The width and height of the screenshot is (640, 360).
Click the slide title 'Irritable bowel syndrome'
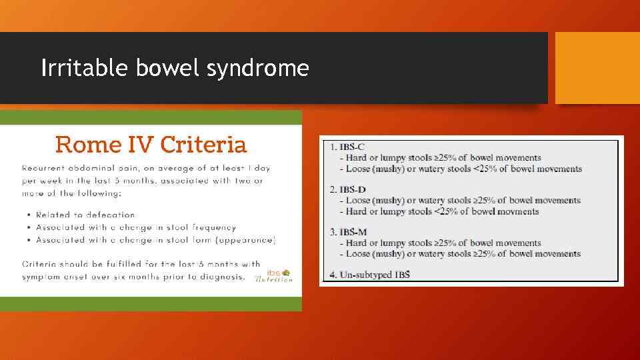click(x=175, y=68)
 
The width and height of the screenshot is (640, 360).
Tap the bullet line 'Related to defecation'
click(x=85, y=215)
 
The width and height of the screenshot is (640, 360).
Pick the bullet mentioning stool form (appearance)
click(x=155, y=239)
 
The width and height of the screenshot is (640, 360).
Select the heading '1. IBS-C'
click(x=347, y=147)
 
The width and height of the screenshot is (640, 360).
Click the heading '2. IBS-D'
click(x=347, y=189)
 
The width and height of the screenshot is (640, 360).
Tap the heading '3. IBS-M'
click(x=347, y=232)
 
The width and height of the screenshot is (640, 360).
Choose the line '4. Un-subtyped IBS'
click(x=369, y=275)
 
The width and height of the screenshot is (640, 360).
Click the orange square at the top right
click(x=597, y=68)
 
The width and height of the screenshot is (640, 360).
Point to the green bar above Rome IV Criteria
click(x=151, y=117)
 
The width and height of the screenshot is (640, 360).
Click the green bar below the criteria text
click(x=151, y=303)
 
